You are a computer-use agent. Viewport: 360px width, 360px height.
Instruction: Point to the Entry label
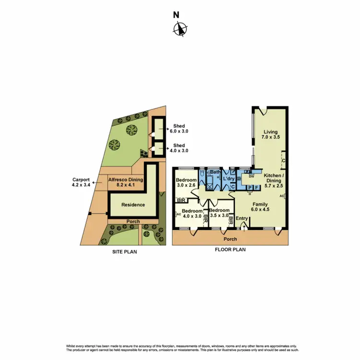(x=242, y=218)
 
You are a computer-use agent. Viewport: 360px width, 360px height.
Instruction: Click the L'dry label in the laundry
(x=229, y=179)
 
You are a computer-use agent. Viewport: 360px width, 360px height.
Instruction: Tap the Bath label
(x=215, y=171)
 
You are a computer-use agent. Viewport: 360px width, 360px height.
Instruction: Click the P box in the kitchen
(x=250, y=188)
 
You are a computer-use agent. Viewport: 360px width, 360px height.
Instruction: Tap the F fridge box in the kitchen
(x=256, y=188)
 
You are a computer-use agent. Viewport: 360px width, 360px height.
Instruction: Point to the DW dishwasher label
(x=251, y=176)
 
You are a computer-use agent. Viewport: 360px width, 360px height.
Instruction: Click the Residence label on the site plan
(x=133, y=204)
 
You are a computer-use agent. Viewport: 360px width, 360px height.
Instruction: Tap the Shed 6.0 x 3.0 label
(x=179, y=129)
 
